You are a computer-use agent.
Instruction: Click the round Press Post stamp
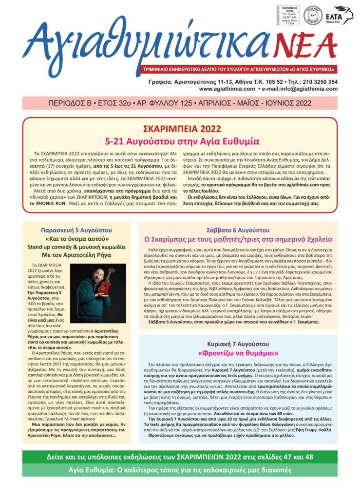point(312,15)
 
